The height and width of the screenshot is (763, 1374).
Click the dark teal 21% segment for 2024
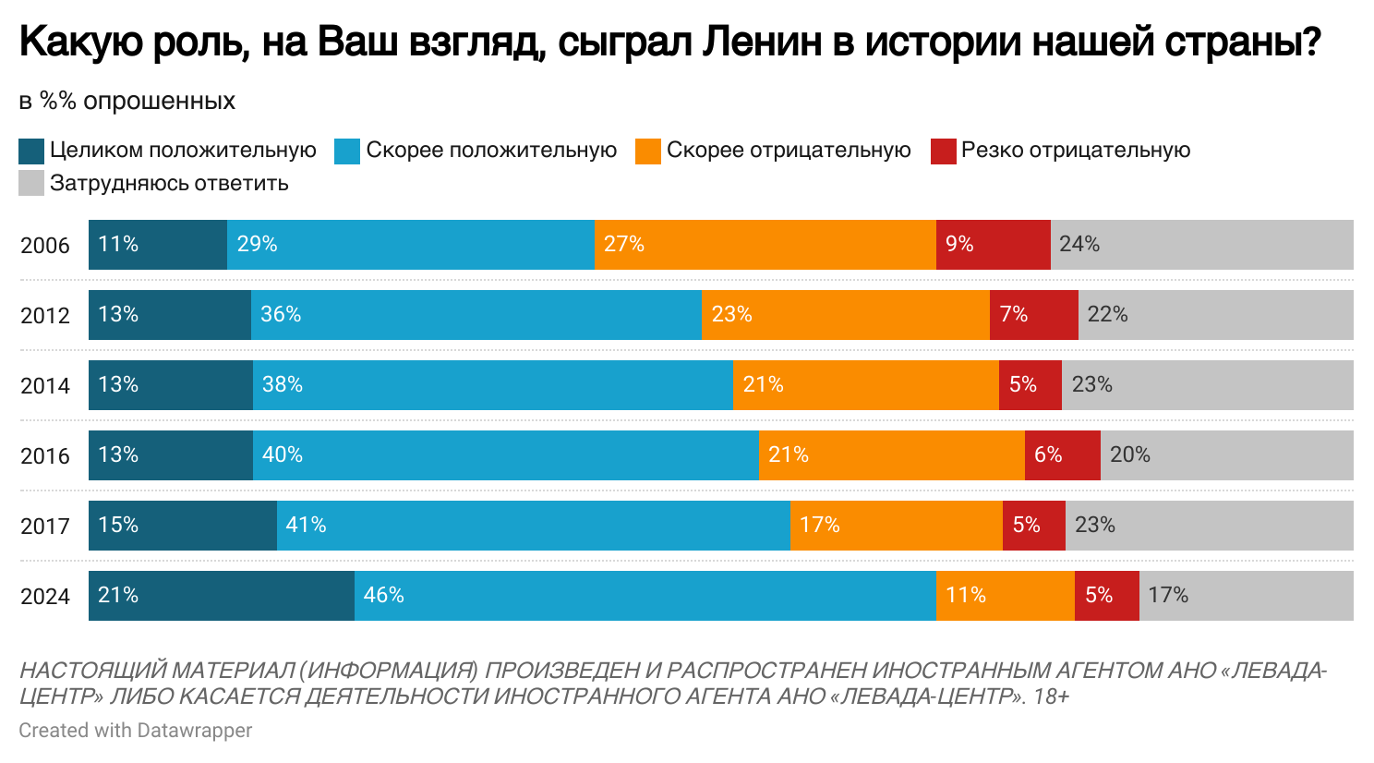222,596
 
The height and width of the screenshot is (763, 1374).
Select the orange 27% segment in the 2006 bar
765,245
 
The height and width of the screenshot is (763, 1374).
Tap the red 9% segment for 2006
993,245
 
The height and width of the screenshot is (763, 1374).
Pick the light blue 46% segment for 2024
645,596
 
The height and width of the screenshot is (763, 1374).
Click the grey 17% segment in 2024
1246,596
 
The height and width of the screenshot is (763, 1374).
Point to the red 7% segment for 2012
1033,315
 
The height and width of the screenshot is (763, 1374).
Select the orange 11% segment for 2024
1005,596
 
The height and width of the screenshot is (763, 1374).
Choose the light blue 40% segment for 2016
505,455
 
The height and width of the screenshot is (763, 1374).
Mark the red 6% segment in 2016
1062,455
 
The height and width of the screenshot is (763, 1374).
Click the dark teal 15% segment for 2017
183,526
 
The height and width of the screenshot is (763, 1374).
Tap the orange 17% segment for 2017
896,526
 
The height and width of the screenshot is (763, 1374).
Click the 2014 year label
45,385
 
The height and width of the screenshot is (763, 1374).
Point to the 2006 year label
45,245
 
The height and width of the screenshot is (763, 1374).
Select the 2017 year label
45,526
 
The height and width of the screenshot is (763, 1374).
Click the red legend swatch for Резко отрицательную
943,151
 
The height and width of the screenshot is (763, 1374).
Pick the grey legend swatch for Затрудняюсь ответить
31,183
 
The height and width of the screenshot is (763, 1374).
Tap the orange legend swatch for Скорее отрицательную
648,151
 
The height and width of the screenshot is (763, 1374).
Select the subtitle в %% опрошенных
127,101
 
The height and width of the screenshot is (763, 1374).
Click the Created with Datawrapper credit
136,730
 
